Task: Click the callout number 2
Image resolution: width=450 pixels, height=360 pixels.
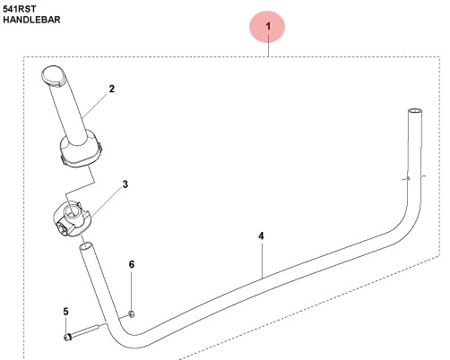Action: pos(112,89)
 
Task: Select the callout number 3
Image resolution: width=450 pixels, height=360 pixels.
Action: pos(125,184)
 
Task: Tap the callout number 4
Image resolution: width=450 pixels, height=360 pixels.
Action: pos(261,236)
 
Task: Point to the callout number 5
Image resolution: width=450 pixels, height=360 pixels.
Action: pos(65,311)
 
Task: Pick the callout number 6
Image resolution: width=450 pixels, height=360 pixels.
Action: pos(132,265)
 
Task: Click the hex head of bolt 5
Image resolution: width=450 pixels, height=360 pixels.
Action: pos(68,337)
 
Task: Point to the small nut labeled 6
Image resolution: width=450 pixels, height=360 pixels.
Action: pos(132,313)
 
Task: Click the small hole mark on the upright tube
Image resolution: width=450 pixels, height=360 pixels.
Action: pos(407,179)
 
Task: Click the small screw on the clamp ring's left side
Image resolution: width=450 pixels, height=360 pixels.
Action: pos(64,227)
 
